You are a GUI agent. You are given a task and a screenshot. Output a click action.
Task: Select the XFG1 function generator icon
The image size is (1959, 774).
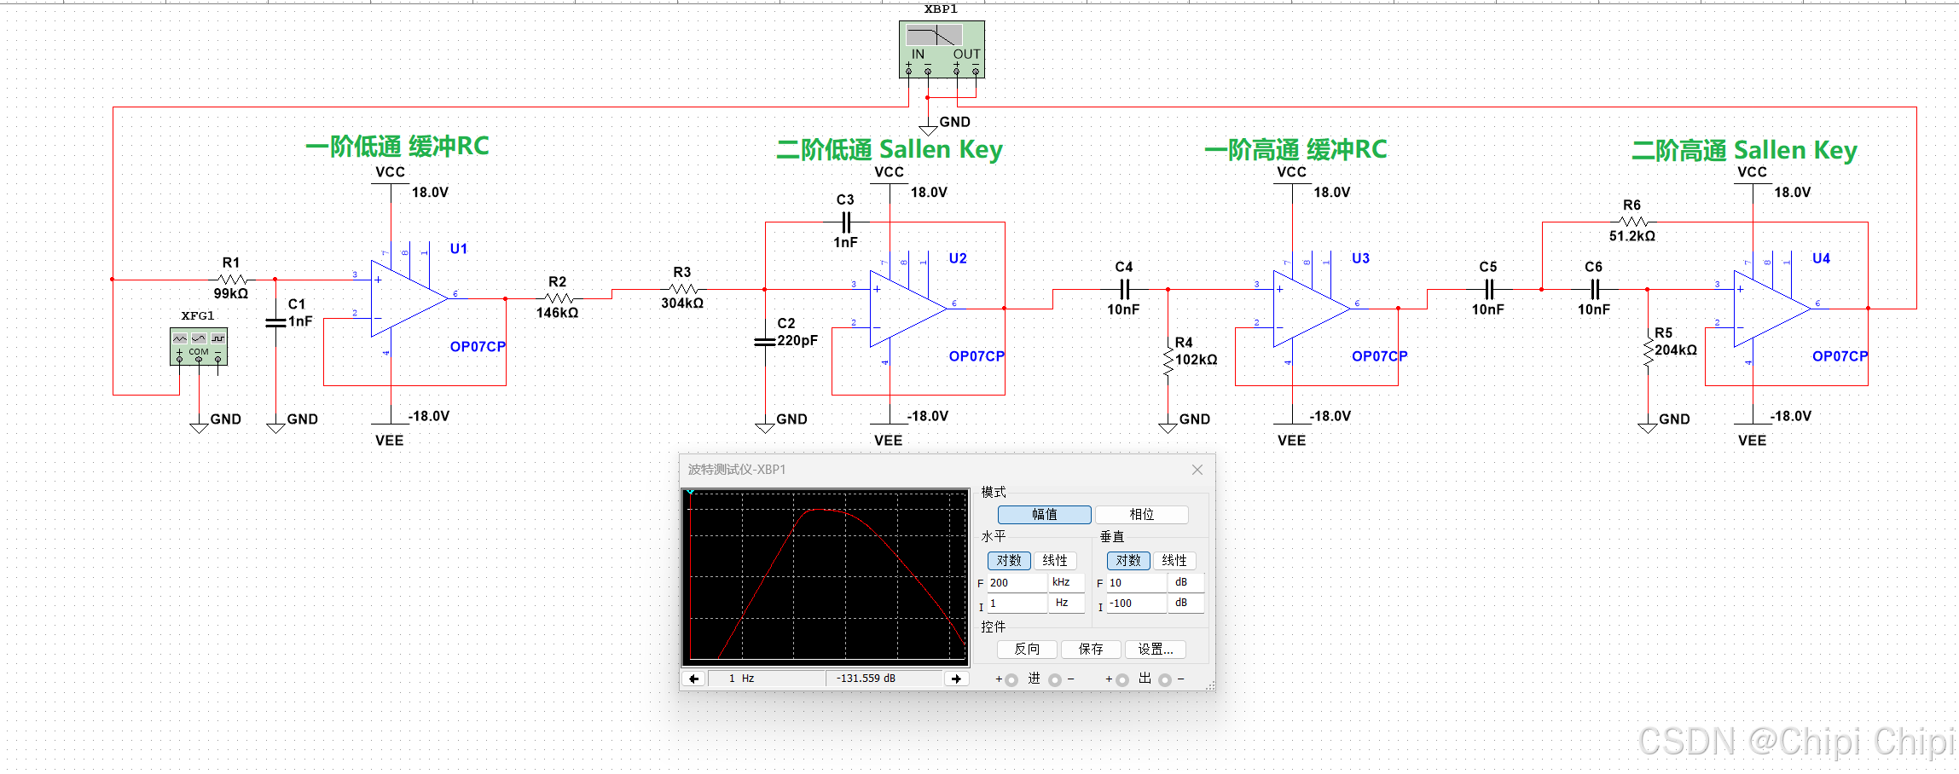199,346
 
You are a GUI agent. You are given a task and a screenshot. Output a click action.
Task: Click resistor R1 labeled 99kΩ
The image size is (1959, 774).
232,280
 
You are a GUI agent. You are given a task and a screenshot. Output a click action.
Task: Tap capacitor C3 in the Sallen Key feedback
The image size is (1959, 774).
845,222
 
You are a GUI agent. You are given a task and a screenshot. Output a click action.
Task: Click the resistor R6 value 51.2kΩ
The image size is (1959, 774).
1632,236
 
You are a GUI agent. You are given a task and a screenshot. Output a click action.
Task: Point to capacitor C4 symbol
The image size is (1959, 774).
1124,289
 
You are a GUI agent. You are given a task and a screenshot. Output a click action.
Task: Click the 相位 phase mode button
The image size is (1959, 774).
1141,515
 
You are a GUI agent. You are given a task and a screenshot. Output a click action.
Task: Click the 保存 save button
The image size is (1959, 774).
1090,650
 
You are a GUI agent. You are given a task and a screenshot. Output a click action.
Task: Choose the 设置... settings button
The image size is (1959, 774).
1155,650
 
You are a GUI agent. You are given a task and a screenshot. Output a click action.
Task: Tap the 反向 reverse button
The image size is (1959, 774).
1027,650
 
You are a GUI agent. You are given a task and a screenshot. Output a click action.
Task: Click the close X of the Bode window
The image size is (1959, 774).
1197,470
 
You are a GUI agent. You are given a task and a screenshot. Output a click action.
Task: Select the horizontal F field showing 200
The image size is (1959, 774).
1017,583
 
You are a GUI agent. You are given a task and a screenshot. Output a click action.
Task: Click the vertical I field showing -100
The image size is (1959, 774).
1136,604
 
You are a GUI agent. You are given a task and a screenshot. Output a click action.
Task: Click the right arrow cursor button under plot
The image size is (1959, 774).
956,679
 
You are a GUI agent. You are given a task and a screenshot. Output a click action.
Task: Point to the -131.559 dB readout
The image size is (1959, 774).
866,679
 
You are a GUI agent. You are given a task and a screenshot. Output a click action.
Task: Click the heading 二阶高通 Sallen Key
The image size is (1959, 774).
1744,151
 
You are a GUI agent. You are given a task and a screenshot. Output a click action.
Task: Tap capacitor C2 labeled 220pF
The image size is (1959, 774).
765,341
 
